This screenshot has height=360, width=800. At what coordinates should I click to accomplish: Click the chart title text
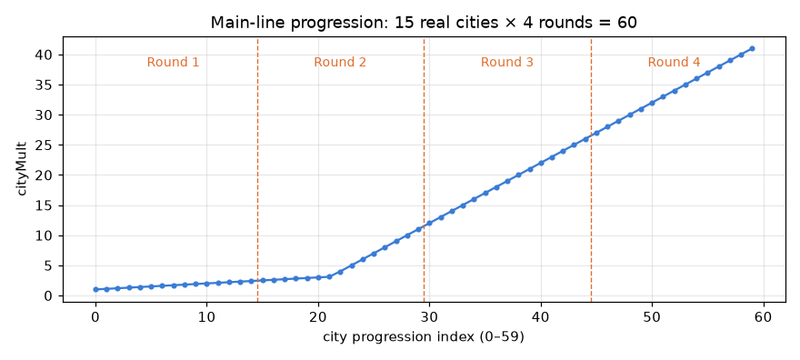424,23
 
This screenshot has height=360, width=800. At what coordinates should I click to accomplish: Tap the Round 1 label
173,62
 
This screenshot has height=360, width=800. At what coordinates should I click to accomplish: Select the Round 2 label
340,62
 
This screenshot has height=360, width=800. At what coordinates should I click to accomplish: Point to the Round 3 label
507,62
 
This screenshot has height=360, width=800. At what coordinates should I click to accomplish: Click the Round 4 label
674,62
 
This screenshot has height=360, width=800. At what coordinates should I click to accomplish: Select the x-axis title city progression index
424,337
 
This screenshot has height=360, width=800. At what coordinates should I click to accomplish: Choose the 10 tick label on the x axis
206,316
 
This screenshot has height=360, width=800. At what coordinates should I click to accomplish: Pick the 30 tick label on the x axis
430,316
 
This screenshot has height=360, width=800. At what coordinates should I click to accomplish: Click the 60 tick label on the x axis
764,316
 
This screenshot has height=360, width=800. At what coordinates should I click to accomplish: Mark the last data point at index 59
752,48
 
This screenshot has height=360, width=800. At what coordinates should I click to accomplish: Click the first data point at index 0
95,289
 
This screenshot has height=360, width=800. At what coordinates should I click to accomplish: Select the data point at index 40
541,163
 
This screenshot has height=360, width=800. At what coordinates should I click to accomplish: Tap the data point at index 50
652,103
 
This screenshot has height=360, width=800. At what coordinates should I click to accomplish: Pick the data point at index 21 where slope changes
330,277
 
